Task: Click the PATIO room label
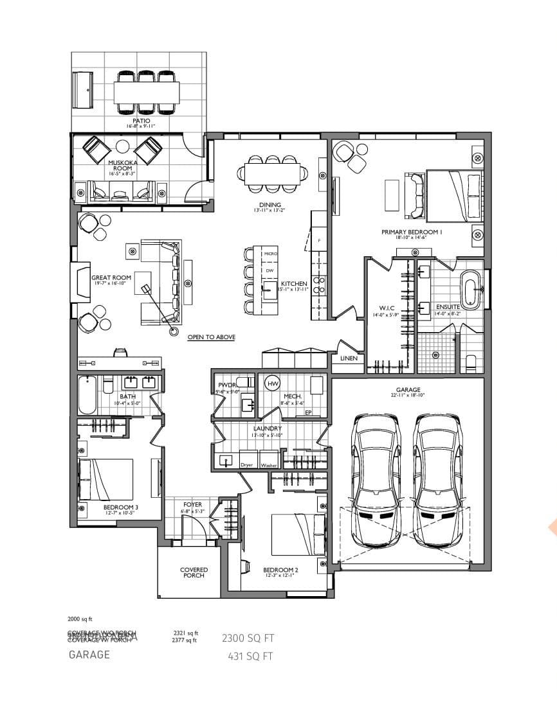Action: click(141, 120)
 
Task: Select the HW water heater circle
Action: click(272, 383)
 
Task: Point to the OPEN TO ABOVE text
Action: click(211, 337)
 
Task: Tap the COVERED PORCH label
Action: click(194, 572)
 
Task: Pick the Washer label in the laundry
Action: click(269, 464)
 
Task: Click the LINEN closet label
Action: click(348, 358)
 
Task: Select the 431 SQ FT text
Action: click(250, 656)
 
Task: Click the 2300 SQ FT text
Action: click(248, 638)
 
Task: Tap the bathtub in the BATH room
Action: click(87, 395)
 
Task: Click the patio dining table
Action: click(146, 92)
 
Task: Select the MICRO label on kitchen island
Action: click(271, 254)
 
